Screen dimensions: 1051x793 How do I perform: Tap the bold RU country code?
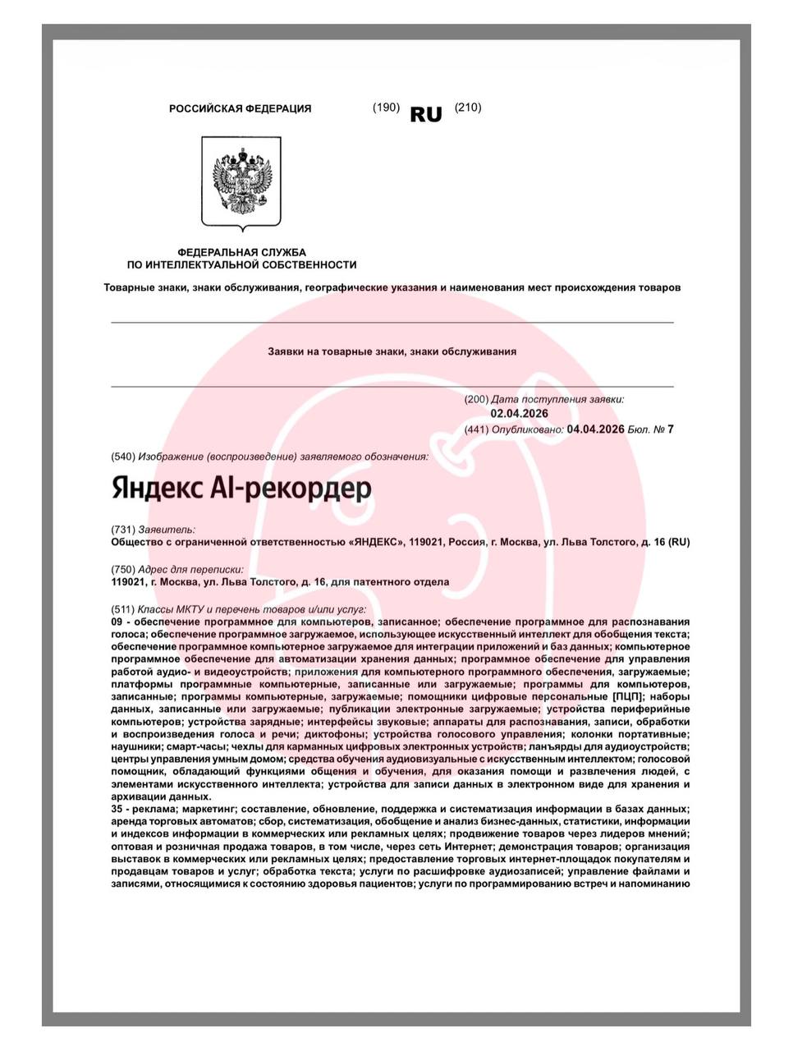pyautogui.click(x=425, y=115)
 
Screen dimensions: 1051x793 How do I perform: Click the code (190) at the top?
pyautogui.click(x=386, y=108)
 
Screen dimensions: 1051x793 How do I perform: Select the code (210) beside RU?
pyautogui.click(x=468, y=108)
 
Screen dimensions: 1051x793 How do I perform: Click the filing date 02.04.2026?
pyautogui.click(x=519, y=414)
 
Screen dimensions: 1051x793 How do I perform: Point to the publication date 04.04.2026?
pyautogui.click(x=595, y=429)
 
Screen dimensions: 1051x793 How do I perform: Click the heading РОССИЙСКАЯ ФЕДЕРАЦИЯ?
pyautogui.click(x=240, y=108)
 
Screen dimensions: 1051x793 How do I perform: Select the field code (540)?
pyautogui.click(x=123, y=457)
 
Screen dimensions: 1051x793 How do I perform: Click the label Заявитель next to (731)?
pyautogui.click(x=167, y=530)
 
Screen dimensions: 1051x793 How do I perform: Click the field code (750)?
pyautogui.click(x=123, y=569)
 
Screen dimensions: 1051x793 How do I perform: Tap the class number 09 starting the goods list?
pyautogui.click(x=117, y=622)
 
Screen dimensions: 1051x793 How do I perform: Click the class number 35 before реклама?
pyautogui.click(x=117, y=809)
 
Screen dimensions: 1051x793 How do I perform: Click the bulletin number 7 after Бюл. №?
pyautogui.click(x=670, y=429)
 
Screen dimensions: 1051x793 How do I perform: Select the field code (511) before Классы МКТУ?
pyautogui.click(x=123, y=610)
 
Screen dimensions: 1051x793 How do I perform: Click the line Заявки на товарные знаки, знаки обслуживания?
pyautogui.click(x=392, y=351)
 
